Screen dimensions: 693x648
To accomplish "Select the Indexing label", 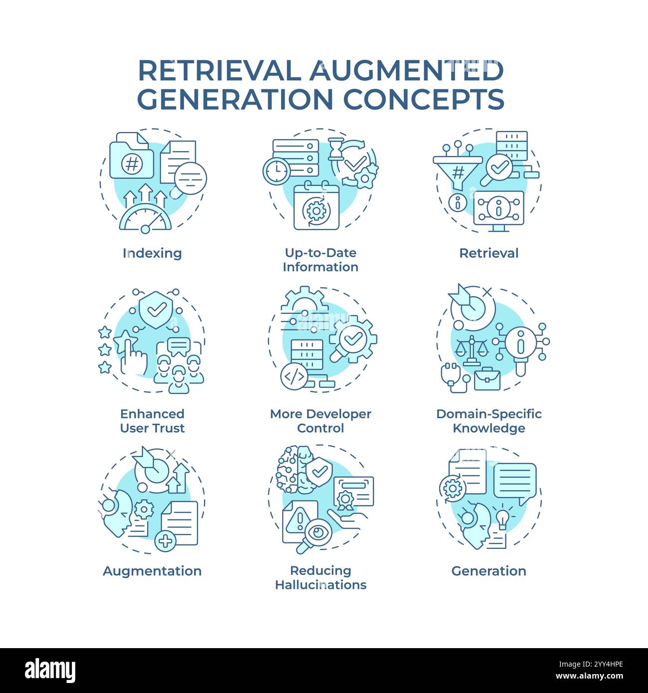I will click(x=152, y=253).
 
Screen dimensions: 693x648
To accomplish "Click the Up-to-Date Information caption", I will click(x=321, y=260).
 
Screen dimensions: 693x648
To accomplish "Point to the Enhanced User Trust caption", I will click(x=152, y=421).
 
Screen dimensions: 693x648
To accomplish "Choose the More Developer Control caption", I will click(x=321, y=421).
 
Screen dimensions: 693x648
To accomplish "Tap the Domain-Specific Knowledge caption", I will click(x=488, y=421).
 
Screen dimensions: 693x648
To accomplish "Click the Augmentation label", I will click(x=152, y=571).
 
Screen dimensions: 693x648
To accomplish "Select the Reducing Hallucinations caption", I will click(x=321, y=577).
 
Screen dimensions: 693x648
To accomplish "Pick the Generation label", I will click(x=488, y=571).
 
